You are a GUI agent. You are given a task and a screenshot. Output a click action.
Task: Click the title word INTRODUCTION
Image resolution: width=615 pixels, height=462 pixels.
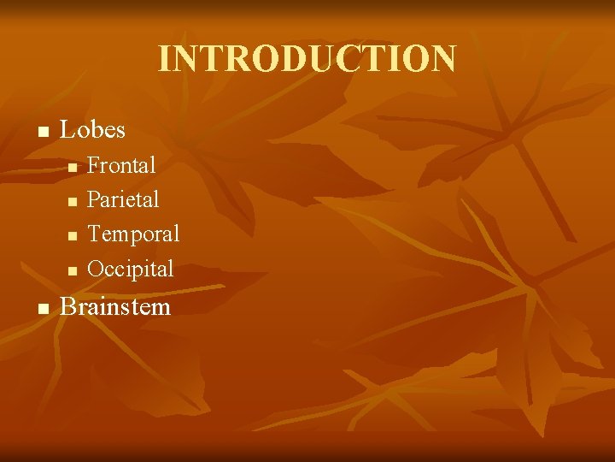coord(307,59)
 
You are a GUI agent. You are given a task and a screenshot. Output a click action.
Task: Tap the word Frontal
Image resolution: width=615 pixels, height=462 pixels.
coord(121,165)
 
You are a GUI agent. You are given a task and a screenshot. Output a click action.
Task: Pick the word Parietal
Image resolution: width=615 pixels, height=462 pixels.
coord(123,200)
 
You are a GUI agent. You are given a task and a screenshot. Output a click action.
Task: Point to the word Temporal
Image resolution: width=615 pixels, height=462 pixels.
coord(133,234)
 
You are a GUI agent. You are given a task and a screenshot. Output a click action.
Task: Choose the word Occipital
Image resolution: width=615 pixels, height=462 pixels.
coord(130,269)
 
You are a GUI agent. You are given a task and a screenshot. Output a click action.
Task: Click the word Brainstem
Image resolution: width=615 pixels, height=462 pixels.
coord(115,307)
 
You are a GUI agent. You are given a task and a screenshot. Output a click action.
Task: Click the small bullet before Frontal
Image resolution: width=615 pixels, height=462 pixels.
coord(73,167)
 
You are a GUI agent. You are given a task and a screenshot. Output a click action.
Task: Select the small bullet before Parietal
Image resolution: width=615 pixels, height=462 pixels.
coord(73,201)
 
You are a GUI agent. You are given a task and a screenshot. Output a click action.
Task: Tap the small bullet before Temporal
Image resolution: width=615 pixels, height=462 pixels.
coord(73,235)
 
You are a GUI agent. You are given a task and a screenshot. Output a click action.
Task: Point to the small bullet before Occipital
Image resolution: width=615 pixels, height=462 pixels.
coord(73,270)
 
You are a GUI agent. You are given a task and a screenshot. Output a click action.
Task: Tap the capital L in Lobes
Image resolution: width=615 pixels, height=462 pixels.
coord(67,130)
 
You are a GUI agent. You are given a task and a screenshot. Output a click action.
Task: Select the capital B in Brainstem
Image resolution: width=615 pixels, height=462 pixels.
coord(67,307)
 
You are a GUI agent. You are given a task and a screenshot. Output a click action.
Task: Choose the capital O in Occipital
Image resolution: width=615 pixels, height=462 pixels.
coord(96,269)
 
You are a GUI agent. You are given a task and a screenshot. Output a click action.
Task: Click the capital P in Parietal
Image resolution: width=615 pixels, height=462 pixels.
coord(94,200)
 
